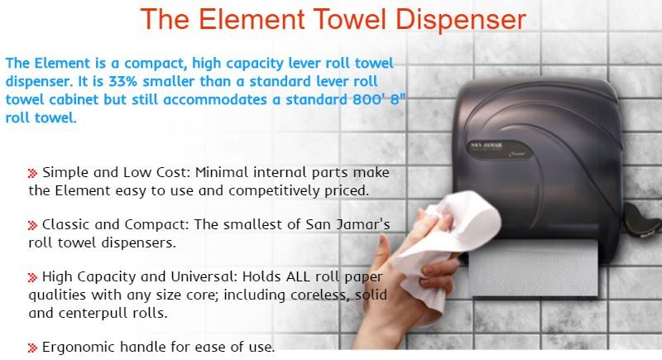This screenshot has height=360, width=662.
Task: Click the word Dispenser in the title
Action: [x=461, y=19]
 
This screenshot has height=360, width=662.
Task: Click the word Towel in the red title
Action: [x=350, y=19]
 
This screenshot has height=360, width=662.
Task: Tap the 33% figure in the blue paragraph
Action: [x=122, y=81]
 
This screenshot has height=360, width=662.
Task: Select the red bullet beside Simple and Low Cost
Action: [x=32, y=173]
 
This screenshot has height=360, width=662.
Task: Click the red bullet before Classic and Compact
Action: [x=32, y=225]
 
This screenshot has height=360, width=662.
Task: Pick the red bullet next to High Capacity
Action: [x=32, y=277]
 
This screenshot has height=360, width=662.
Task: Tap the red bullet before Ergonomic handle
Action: [x=32, y=348]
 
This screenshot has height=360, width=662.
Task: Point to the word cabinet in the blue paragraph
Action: [x=74, y=99]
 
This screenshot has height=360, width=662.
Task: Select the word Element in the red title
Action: [x=252, y=19]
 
